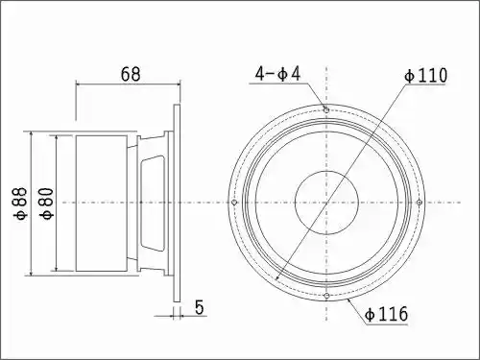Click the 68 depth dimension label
pos(131,74)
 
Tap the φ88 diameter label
pos(20,204)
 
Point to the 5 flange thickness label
pos(199,307)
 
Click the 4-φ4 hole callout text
pos(277,74)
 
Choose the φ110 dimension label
pos(425,76)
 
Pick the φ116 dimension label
pos(386,314)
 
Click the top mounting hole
pos(326,110)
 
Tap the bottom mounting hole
pos(326,296)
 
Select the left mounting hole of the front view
pos(234,203)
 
